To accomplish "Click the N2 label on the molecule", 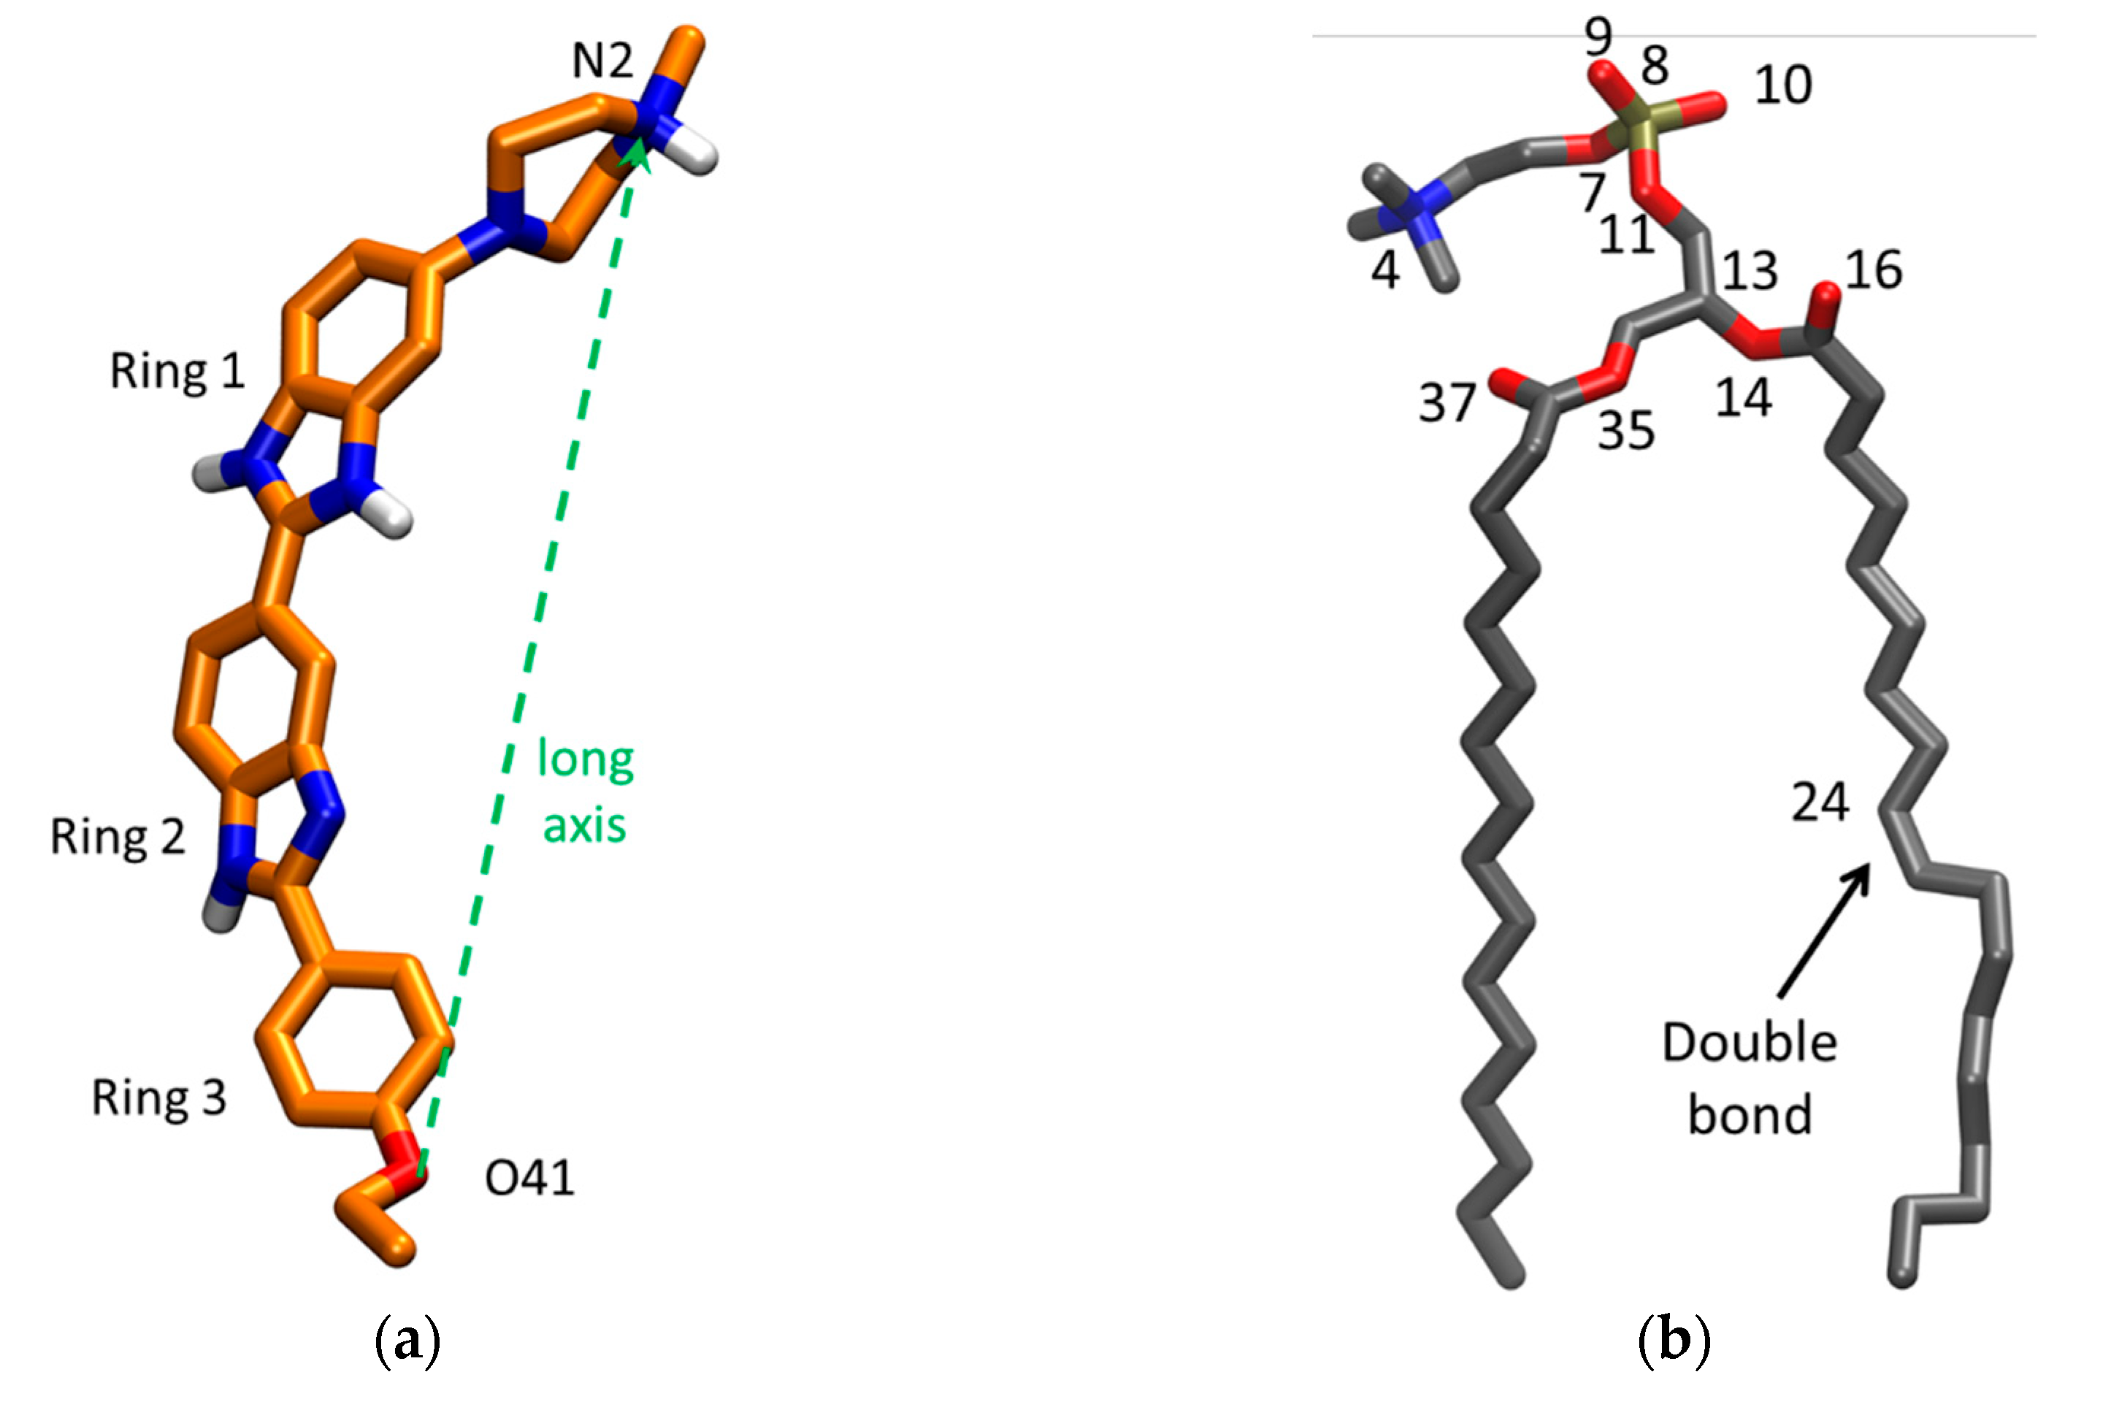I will [602, 61].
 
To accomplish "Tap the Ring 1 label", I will [177, 371].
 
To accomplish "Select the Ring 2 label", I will [118, 837].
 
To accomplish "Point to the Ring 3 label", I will [159, 1098].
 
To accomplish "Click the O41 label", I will [530, 1179].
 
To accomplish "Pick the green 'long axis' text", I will [585, 792].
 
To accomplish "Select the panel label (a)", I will [407, 1340].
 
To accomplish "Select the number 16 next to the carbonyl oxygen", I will [1874, 270].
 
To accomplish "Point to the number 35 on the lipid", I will [1626, 431].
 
